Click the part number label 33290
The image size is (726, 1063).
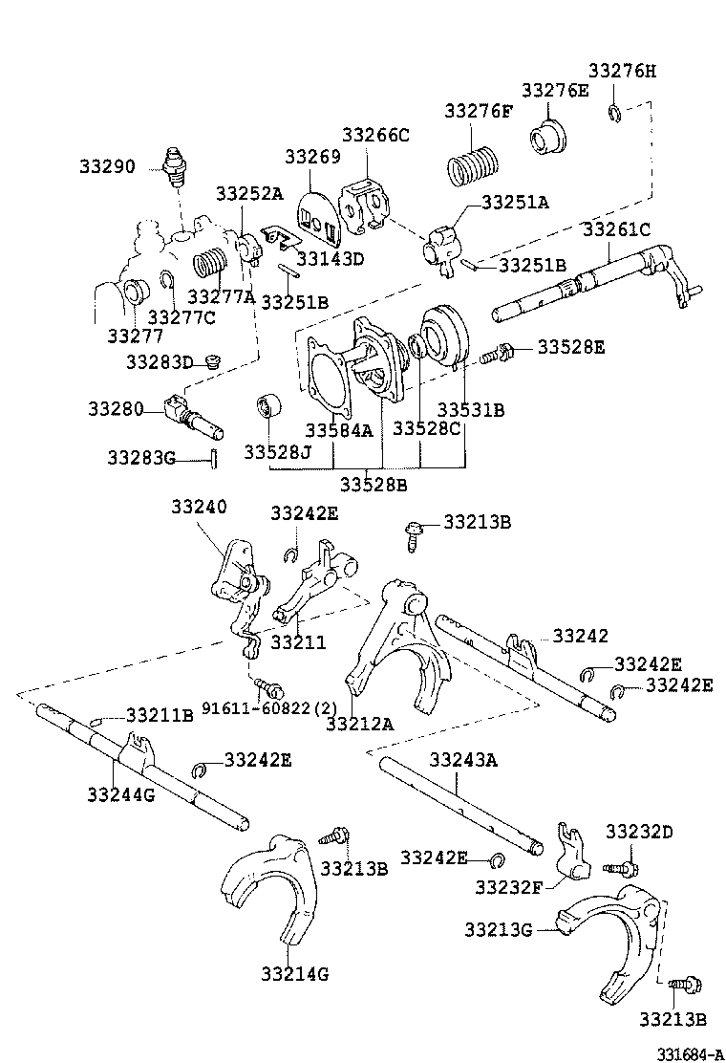pyautogui.click(x=107, y=166)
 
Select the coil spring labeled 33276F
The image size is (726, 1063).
pyautogui.click(x=472, y=165)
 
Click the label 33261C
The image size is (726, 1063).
pyautogui.click(x=616, y=229)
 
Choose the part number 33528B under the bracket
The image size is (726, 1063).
pyautogui.click(x=374, y=485)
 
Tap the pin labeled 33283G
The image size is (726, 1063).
pyautogui.click(x=214, y=459)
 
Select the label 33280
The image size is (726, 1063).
pyautogui.click(x=116, y=409)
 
